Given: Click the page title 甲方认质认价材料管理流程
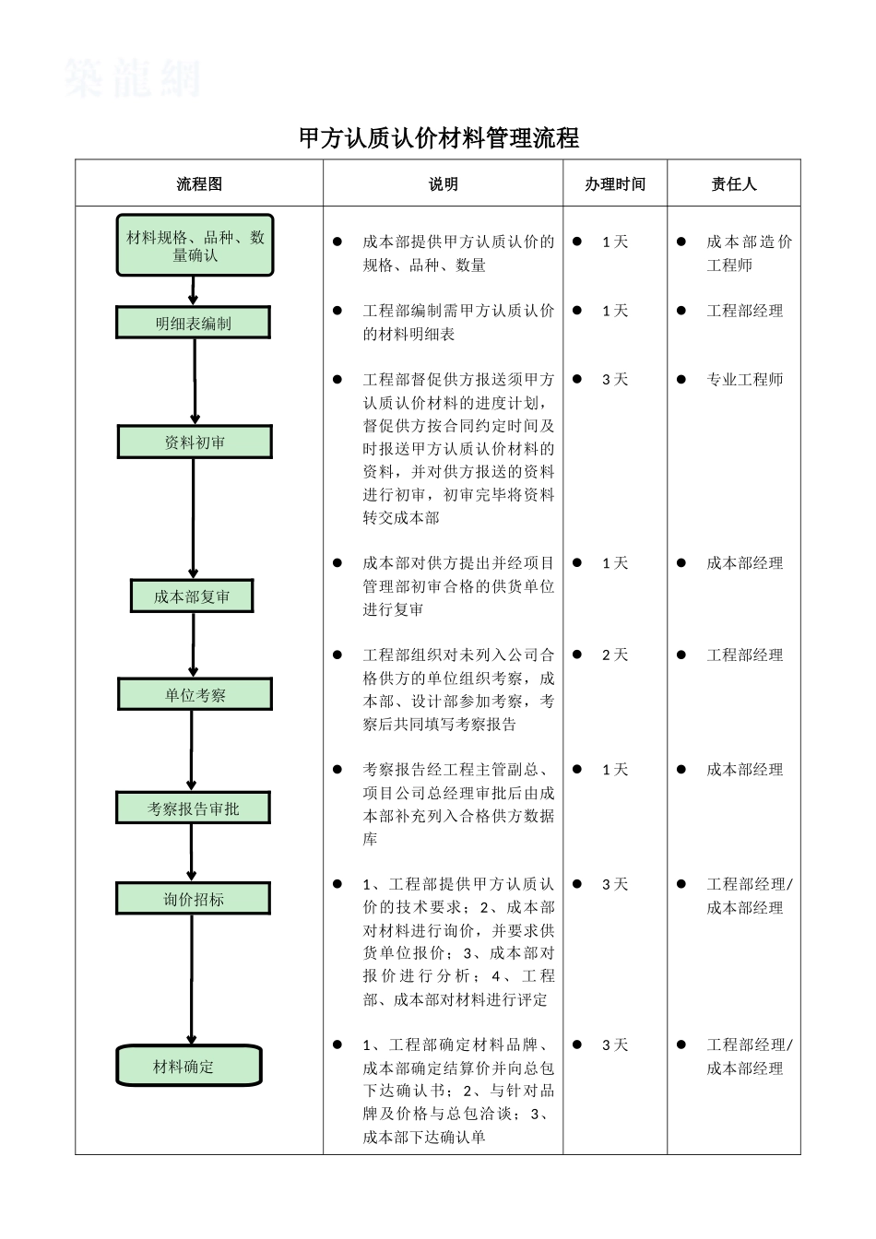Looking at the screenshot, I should pyautogui.click(x=439, y=138).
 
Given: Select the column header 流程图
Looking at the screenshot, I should pyautogui.click(x=199, y=183).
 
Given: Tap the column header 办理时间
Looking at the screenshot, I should pyautogui.click(x=615, y=183).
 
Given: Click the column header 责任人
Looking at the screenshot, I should pyautogui.click(x=734, y=183).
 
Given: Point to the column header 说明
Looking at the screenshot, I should pyautogui.click(x=443, y=183).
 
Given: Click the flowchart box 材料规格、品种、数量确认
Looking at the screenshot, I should pyautogui.click(x=195, y=246).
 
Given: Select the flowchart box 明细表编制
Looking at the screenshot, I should pyautogui.click(x=194, y=324).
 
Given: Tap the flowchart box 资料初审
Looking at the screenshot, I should pyautogui.click(x=195, y=442).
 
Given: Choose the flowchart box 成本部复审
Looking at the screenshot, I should pyautogui.click(x=192, y=596).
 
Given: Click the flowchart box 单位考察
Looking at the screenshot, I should pyautogui.click(x=195, y=694).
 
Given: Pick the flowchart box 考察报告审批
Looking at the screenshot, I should pyautogui.click(x=193, y=808).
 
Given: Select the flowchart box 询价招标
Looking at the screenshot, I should pyautogui.click(x=193, y=899).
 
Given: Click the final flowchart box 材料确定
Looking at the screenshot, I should pyautogui.click(x=189, y=1067).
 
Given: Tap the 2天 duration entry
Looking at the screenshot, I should pyautogui.click(x=614, y=655).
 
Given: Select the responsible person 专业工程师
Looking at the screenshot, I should pyautogui.click(x=744, y=379).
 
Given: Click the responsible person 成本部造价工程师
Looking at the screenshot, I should pyautogui.click(x=748, y=254).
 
